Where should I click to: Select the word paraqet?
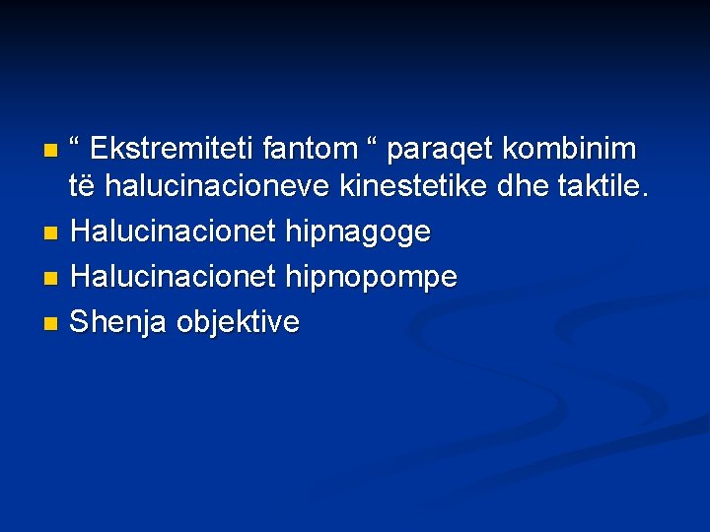(x=441, y=152)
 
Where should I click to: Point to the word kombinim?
(x=570, y=150)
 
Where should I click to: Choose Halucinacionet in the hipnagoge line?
(x=174, y=233)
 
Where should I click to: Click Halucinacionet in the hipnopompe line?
(x=174, y=278)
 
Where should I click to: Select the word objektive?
(x=237, y=323)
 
